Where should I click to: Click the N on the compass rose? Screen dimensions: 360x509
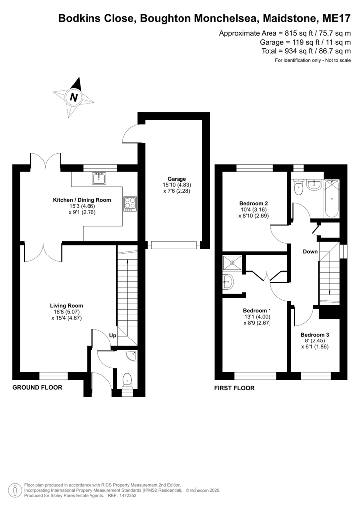pos(74,97)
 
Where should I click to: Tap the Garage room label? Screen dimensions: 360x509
pos(177,179)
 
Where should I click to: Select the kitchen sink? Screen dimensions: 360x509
pos(99,179)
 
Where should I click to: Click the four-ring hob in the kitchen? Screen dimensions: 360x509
pos(130,204)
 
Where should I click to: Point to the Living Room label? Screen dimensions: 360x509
pos(66,306)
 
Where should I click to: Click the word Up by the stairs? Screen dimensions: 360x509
pos(113,336)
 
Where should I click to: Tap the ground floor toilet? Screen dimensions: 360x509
pos(127,380)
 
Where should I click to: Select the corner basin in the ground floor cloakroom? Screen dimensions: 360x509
pos(132,356)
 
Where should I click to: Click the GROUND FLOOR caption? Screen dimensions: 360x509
pos(37,387)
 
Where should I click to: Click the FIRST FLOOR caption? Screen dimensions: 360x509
pos(234,388)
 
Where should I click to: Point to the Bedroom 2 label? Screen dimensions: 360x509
pos(254,203)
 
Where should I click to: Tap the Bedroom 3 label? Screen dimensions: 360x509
pos(315,335)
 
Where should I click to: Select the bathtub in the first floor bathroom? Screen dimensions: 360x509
pos(332,199)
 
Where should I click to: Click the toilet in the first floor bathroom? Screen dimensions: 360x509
pos(298,188)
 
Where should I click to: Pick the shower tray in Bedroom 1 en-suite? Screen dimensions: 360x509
pos(232,263)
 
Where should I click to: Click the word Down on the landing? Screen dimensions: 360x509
pos(310,251)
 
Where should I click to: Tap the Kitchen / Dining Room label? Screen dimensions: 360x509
pos(82,200)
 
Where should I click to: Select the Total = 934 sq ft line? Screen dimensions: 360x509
pos(306,51)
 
